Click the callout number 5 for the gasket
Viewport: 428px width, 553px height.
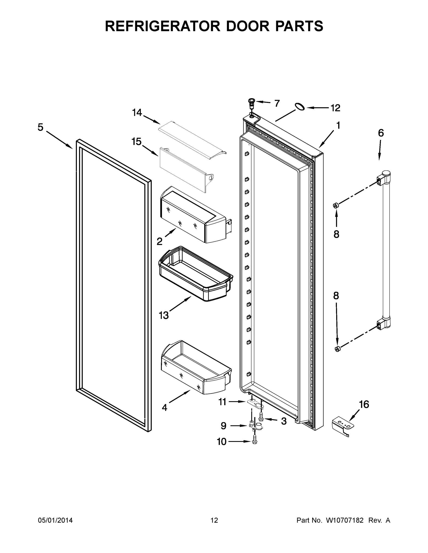click(40, 127)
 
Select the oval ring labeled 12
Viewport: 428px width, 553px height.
click(300, 106)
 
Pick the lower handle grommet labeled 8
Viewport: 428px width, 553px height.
click(337, 349)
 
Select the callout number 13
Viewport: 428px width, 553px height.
click(164, 315)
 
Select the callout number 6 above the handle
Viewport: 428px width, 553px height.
click(381, 133)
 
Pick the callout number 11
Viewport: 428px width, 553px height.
click(222, 402)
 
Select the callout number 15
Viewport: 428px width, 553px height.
click(136, 142)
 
